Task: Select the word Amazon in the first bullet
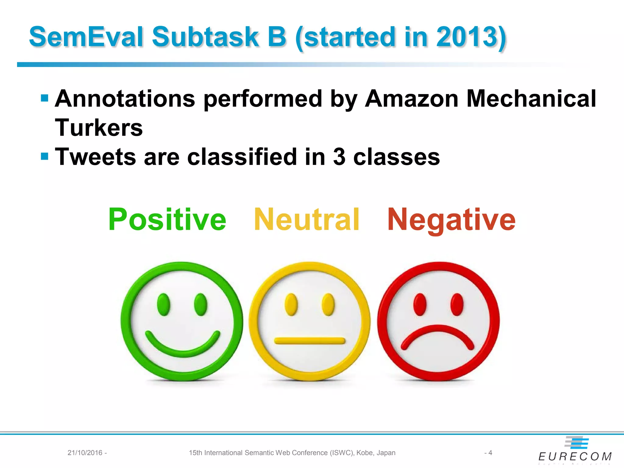[411, 99]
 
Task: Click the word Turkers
[99, 128]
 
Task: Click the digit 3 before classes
[339, 157]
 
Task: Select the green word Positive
[167, 219]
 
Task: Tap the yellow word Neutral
[307, 219]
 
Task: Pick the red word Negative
[451, 219]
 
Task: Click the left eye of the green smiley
[163, 304]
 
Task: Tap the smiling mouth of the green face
[182, 347]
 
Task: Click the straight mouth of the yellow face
[310, 340]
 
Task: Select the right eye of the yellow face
[328, 304]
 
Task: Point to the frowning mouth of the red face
[438, 335]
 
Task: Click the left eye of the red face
[420, 304]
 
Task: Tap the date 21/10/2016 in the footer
[85, 453]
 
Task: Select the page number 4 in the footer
[490, 453]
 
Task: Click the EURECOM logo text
[575, 456]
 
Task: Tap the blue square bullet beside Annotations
[44, 98]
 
